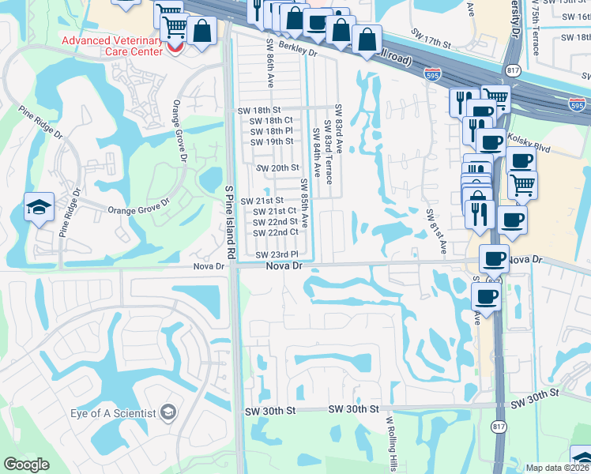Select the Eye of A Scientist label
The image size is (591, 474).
[114, 413]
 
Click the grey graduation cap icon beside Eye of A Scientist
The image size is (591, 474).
[168, 412]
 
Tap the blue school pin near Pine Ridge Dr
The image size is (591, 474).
[39, 208]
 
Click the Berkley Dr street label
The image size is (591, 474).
[296, 52]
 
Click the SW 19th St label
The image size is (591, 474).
[272, 141]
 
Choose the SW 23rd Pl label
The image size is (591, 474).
[277, 254]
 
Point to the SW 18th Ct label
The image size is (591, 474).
[272, 120]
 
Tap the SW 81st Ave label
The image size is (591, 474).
[436, 232]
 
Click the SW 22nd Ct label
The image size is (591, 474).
[276, 232]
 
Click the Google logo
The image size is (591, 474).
[26, 465]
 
